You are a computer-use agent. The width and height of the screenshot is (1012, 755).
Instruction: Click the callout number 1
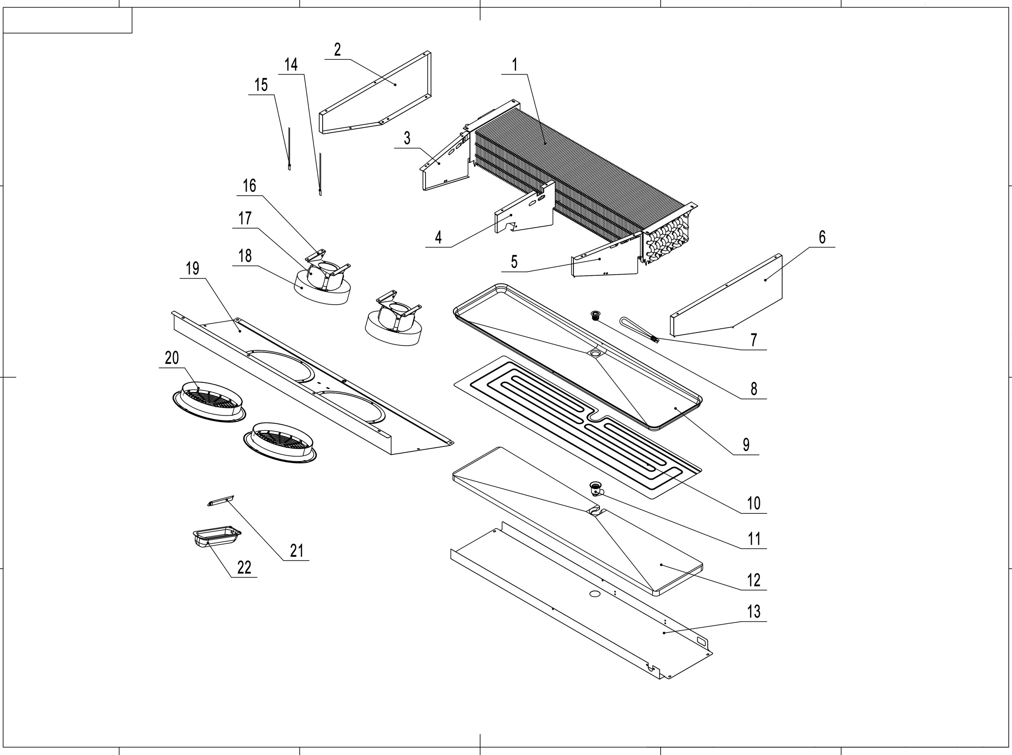[514, 65]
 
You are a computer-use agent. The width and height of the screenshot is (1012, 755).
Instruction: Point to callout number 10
[753, 503]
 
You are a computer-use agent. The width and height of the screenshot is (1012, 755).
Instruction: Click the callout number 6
[822, 237]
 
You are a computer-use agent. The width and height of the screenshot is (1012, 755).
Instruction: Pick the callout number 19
[192, 268]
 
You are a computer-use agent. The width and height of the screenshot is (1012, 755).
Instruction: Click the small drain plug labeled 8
[595, 315]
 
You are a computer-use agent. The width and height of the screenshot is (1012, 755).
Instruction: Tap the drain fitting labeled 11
[595, 489]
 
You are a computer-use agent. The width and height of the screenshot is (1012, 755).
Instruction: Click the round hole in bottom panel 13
[595, 594]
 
